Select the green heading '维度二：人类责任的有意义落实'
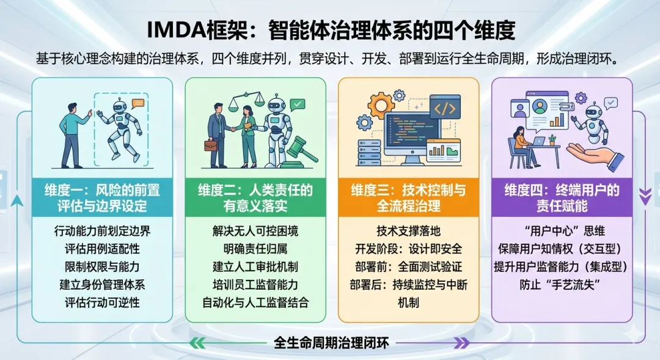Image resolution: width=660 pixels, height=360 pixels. click(255, 198)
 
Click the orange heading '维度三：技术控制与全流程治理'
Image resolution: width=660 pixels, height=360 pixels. click(408, 198)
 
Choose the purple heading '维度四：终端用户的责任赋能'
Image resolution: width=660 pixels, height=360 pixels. click(562, 198)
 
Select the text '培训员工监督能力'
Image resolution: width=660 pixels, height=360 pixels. click(255, 284)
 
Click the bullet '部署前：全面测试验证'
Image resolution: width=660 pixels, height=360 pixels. click(408, 266)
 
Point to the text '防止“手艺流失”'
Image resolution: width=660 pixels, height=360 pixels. click(562, 284)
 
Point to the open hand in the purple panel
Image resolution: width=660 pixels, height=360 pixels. click(593, 154)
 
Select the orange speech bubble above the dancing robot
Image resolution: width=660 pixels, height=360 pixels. click(138, 103)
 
